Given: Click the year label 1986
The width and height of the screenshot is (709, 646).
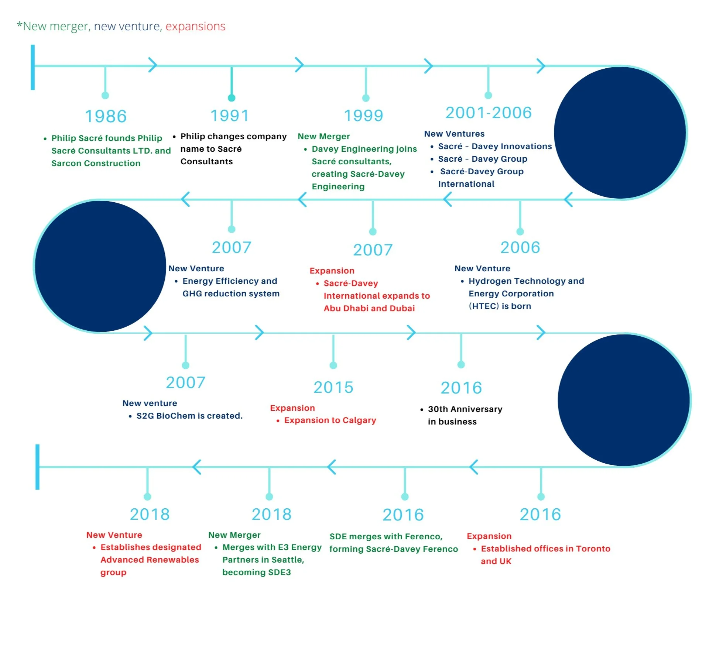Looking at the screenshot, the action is [106, 116].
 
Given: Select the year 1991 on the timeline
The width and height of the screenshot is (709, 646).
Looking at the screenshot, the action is [230, 116].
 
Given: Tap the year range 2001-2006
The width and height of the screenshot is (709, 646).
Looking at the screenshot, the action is [488, 113].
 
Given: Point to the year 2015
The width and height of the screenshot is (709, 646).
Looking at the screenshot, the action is [333, 387].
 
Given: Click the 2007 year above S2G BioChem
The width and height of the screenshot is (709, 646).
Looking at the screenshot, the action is [185, 382].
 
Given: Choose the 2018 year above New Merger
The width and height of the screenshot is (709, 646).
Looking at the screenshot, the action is [271, 514].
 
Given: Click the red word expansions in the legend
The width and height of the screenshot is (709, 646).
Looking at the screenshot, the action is [195, 26].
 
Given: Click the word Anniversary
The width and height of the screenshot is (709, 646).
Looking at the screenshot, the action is [476, 409].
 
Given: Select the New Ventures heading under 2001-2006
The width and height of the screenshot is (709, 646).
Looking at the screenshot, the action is [454, 134].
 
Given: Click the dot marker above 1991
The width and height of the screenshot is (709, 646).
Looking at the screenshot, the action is [232, 98].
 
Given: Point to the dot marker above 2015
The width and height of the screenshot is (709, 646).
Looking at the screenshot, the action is [333, 365].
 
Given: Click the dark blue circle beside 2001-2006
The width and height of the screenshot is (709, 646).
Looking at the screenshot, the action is [620, 133].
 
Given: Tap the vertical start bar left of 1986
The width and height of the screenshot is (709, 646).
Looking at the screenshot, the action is [33, 67].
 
